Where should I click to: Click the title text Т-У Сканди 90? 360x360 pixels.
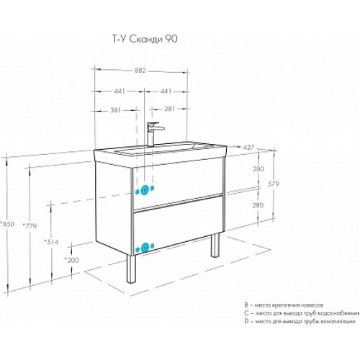(145, 39)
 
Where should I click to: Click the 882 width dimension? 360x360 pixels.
(140, 71)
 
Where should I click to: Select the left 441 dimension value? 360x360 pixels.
(120, 91)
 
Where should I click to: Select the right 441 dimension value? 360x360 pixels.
(166, 91)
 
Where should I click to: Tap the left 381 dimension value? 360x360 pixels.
(115, 110)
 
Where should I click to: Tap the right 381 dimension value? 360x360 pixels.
(169, 109)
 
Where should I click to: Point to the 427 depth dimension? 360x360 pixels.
(248, 147)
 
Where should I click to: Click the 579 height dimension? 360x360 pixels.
(273, 184)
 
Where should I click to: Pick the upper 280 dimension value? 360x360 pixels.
(258, 169)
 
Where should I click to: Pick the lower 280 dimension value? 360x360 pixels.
(258, 205)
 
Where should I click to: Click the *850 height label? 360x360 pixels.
(7, 224)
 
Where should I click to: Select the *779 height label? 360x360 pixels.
(30, 226)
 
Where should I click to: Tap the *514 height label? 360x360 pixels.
(51, 242)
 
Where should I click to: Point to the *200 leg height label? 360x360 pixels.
(71, 260)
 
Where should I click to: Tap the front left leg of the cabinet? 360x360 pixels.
(131, 269)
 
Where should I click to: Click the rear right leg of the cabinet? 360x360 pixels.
(215, 246)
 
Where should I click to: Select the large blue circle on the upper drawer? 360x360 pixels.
(145, 190)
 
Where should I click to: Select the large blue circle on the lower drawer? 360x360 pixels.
(145, 248)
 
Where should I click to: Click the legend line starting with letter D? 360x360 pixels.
(300, 321)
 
